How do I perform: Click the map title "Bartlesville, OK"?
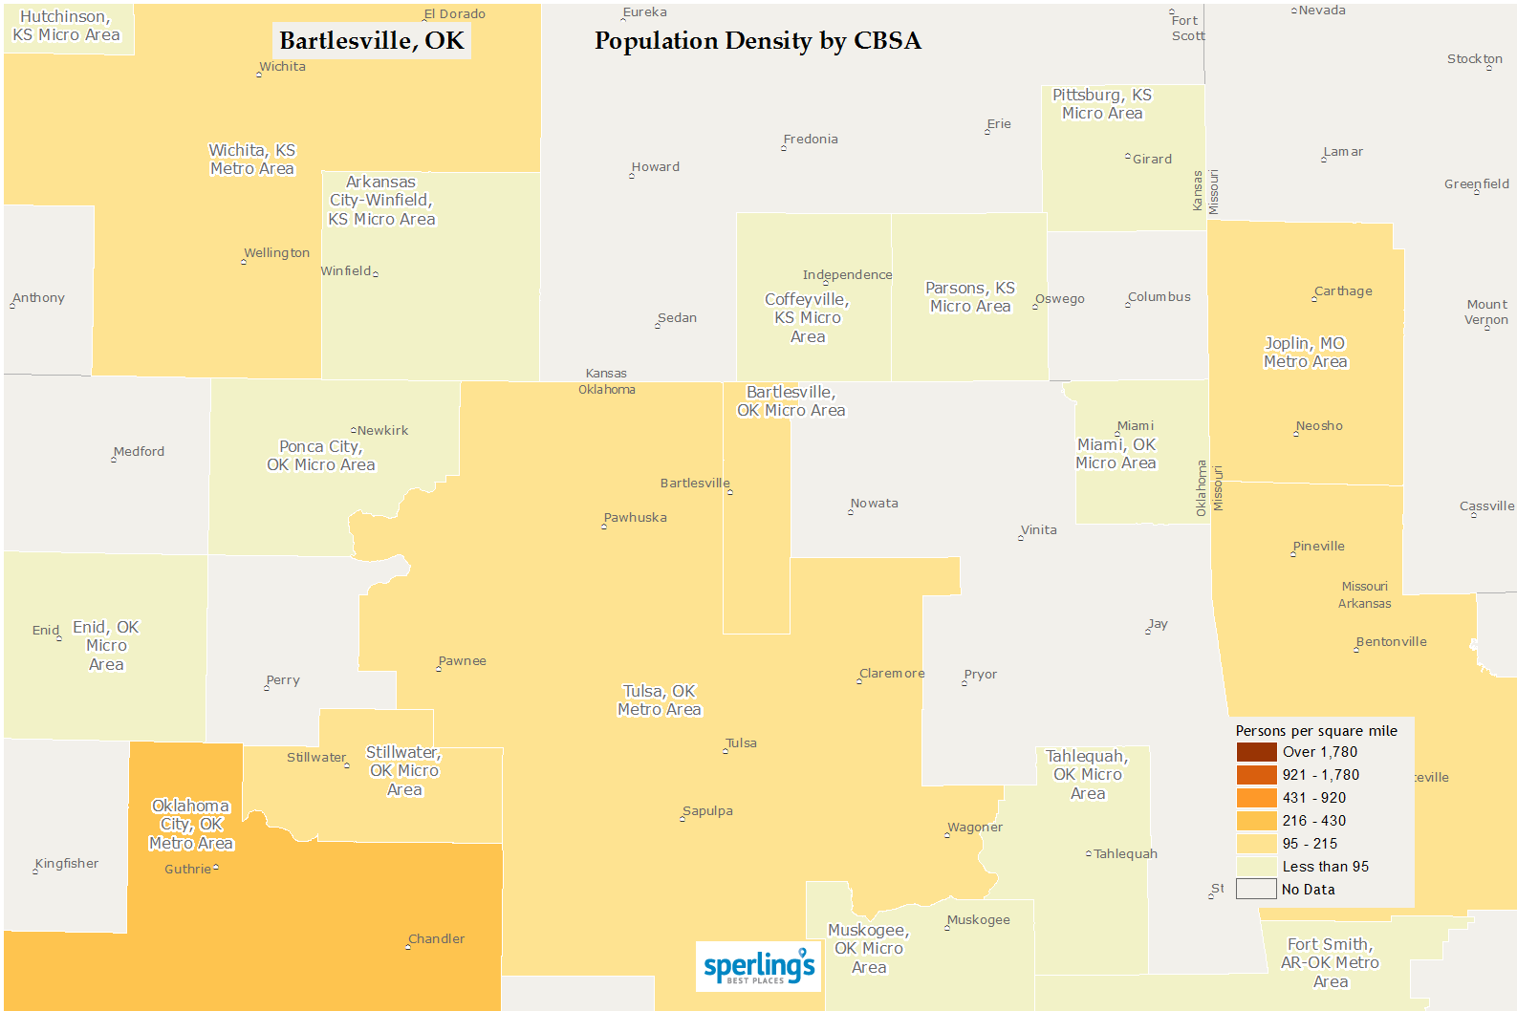[372, 41]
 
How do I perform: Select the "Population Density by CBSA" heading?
[757, 41]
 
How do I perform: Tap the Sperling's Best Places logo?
[759, 966]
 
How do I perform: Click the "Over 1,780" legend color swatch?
[1256, 752]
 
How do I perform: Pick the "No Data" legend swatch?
[1256, 890]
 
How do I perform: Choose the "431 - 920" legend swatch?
[1256, 798]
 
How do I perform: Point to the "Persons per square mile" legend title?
[1316, 731]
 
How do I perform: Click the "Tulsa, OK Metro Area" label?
[660, 700]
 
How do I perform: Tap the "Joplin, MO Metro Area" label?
[1305, 353]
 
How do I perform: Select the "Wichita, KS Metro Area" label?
[252, 160]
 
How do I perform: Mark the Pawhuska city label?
[636, 518]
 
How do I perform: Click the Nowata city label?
[875, 504]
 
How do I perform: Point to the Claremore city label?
[892, 674]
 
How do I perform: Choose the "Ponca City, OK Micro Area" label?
[321, 456]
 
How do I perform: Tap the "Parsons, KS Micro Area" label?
[970, 297]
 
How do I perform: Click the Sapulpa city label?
[708, 811]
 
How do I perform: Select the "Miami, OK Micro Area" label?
[1116, 454]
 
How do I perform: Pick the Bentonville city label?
[1392, 642]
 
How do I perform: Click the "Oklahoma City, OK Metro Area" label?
[191, 825]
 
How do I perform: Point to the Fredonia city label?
[811, 140]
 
